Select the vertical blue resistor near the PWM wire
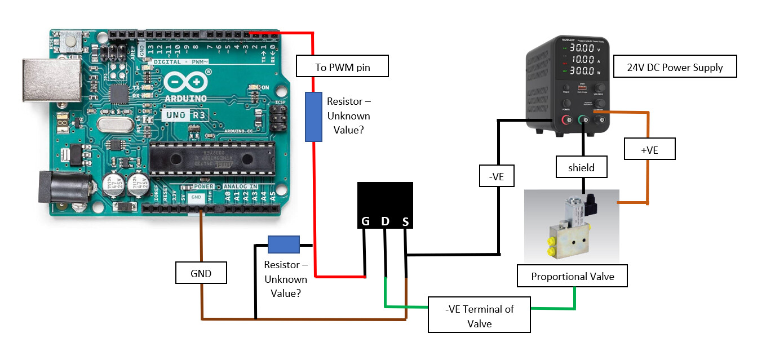click(x=313, y=117)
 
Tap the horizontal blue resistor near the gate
click(x=284, y=245)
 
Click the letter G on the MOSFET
click(x=365, y=221)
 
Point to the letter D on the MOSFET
click(x=386, y=221)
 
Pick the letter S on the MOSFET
click(x=405, y=222)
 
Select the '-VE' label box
click(x=496, y=176)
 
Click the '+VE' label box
click(x=649, y=150)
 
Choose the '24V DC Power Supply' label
click(x=675, y=66)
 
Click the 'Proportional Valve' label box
click(x=572, y=276)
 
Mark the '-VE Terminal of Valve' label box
click(x=479, y=315)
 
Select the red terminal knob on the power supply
click(x=565, y=119)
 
